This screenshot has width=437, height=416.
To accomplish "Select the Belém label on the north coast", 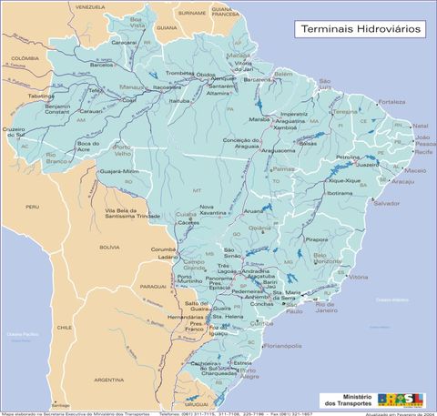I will coord(283,74).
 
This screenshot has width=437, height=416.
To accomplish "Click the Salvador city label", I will coord(386,203).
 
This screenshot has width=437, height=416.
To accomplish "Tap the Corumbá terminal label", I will coord(163,249).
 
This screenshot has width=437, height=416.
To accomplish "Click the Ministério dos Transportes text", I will coord(344,399).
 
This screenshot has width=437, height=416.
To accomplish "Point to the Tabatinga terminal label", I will coord(42,96).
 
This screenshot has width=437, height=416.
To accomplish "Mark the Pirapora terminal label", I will coord(316,238).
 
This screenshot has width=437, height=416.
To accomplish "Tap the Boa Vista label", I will coord(137,23).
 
